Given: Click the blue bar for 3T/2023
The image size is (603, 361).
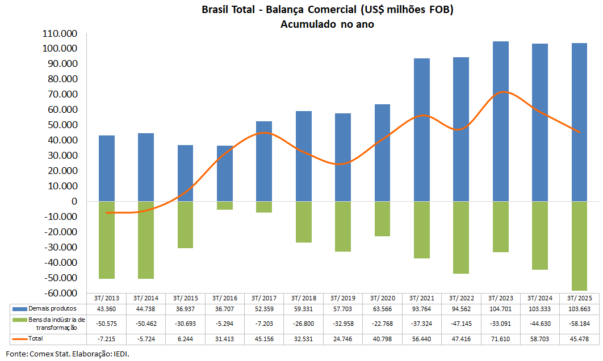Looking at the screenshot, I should (501, 121).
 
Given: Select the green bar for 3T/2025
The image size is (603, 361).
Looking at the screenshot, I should (579, 246).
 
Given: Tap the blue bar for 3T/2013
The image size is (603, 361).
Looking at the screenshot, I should (107, 168).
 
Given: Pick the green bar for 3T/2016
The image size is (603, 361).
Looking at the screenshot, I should (225, 206).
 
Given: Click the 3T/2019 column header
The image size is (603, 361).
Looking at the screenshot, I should (343, 298).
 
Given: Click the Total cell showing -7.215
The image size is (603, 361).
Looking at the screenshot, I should (107, 338).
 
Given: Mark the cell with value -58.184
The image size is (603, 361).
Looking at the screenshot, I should (579, 323).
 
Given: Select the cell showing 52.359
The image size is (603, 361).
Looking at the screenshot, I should (264, 308).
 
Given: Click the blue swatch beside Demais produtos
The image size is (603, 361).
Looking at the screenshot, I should (19, 308).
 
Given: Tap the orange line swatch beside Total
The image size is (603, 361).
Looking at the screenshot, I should (19, 338).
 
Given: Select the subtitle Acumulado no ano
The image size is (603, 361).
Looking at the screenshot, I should (327, 24).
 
